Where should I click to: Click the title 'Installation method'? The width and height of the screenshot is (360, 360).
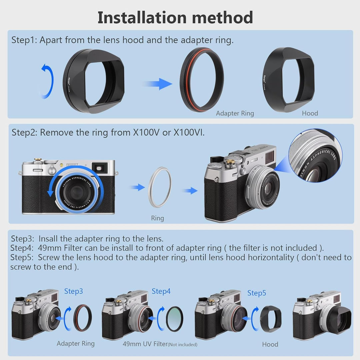pyautogui.click(x=175, y=18)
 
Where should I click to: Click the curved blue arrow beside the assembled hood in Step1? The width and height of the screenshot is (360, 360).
pyautogui.click(x=47, y=82)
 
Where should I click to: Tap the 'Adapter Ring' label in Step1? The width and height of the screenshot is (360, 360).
pyautogui.click(x=235, y=113)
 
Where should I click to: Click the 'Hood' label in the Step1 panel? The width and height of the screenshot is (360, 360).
pyautogui.click(x=310, y=113)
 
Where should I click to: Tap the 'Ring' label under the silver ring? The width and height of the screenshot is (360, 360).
pyautogui.click(x=157, y=218)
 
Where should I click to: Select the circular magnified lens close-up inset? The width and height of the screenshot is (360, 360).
pyautogui.click(x=315, y=155)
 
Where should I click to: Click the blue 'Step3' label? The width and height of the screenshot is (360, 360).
pyautogui.click(x=73, y=291)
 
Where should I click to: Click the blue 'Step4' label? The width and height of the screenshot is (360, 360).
pyautogui.click(x=161, y=291)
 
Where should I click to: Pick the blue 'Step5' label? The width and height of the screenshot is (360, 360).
pyautogui.click(x=257, y=293)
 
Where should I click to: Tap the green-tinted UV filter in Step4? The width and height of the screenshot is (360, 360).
pyautogui.click(x=175, y=318)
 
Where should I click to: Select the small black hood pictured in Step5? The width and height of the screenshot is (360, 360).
pyautogui.click(x=270, y=319)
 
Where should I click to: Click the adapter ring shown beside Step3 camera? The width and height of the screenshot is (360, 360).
pyautogui.click(x=82, y=318)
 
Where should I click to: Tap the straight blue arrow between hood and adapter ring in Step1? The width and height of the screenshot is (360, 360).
pyautogui.click(x=158, y=84)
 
